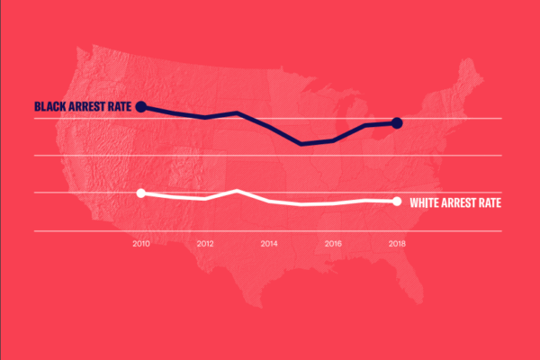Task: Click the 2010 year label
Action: click(140, 243)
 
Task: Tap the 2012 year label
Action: click(205, 243)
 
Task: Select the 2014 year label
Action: click(269, 243)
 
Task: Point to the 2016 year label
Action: click(333, 243)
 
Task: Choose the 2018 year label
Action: click(397, 243)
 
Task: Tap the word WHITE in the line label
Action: click(427, 202)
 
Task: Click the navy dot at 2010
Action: click(140, 107)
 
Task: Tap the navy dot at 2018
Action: click(397, 122)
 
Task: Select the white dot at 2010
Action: click(140, 193)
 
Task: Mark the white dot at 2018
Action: click(397, 201)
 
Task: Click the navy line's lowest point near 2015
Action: click(301, 143)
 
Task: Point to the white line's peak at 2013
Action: click(237, 191)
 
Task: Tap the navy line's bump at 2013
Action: click(237, 112)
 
